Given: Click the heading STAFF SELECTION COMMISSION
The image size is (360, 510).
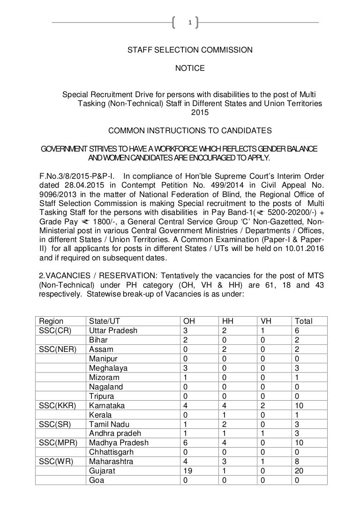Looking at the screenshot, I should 190,50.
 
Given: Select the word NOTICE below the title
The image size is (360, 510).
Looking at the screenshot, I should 190,69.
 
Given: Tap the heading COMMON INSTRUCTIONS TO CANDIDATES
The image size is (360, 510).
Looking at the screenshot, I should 189,130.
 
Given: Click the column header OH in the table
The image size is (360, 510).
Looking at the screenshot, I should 189,321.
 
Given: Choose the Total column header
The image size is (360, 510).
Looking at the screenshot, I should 303,321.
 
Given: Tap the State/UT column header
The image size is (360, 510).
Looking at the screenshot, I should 105,321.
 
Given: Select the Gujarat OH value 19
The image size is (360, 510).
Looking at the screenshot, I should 187,471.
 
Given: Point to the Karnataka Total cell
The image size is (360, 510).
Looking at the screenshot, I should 298,405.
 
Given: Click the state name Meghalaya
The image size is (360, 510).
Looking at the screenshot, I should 108,368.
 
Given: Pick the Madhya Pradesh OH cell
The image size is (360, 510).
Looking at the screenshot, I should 186,443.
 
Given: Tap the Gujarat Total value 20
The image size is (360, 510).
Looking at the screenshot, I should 298,471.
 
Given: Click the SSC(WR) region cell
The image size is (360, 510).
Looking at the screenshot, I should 56,462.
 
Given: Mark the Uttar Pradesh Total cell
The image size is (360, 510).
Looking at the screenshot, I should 296,330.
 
